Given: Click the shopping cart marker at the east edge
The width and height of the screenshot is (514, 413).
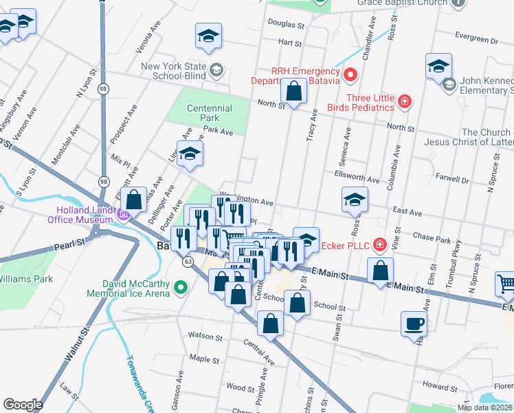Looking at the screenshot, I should [506, 282].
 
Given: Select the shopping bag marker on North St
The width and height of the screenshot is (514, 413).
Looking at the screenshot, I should [293, 91].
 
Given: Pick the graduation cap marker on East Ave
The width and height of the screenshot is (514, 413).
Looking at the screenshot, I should [355, 200].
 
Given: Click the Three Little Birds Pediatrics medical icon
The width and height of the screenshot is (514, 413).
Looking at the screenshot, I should [405, 103].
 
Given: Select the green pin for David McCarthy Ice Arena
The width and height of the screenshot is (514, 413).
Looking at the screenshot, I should [181, 286].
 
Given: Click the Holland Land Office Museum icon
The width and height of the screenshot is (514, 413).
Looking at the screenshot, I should [124, 215].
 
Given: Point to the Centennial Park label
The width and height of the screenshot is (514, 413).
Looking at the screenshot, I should [210, 113].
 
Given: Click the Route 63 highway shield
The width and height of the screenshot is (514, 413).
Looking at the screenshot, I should [188, 262].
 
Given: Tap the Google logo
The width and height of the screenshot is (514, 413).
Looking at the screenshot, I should [23, 404].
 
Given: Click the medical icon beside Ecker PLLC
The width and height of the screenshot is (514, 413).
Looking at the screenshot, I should [379, 244].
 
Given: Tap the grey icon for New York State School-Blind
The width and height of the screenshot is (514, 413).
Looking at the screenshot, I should [216, 69].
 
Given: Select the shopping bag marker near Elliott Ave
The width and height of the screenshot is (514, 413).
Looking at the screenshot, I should [135, 200].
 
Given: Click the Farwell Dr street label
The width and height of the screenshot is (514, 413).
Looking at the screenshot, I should [452, 178].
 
